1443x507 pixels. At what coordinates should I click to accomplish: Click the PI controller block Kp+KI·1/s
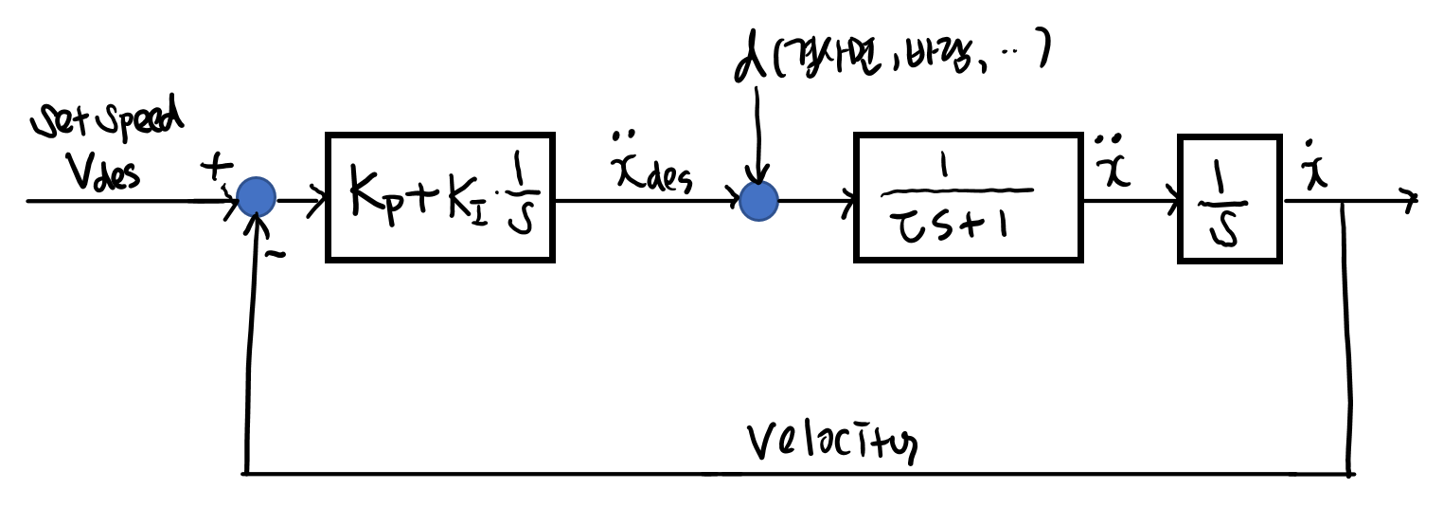point(440,197)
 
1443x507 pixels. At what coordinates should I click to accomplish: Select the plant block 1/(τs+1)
point(967,197)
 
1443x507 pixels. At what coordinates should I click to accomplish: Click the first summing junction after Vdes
point(256,199)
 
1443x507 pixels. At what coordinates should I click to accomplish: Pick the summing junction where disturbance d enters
point(757,201)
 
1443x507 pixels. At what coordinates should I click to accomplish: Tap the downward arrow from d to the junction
point(757,133)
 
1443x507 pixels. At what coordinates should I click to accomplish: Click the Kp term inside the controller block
point(370,197)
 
